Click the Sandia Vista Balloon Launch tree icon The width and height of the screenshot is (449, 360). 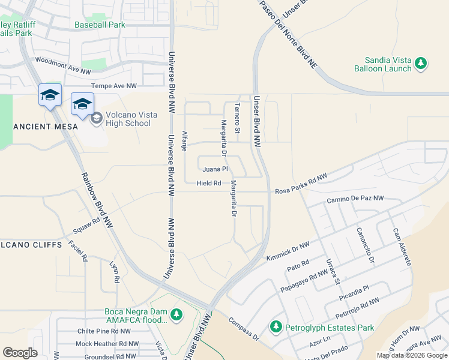(421, 62)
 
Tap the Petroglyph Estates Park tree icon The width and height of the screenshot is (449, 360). (276, 327)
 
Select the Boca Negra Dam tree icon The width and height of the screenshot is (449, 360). (176, 314)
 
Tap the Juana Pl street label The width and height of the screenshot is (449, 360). (215, 169)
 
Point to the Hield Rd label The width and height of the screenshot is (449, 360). (209, 183)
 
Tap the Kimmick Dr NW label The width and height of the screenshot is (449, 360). (288, 251)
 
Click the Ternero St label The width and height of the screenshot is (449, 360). (237, 118)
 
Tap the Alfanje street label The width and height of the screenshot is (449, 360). (185, 140)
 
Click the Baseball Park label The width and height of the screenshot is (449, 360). (100, 25)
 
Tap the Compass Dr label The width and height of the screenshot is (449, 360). (243, 329)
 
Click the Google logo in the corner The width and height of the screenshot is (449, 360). (20, 353)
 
